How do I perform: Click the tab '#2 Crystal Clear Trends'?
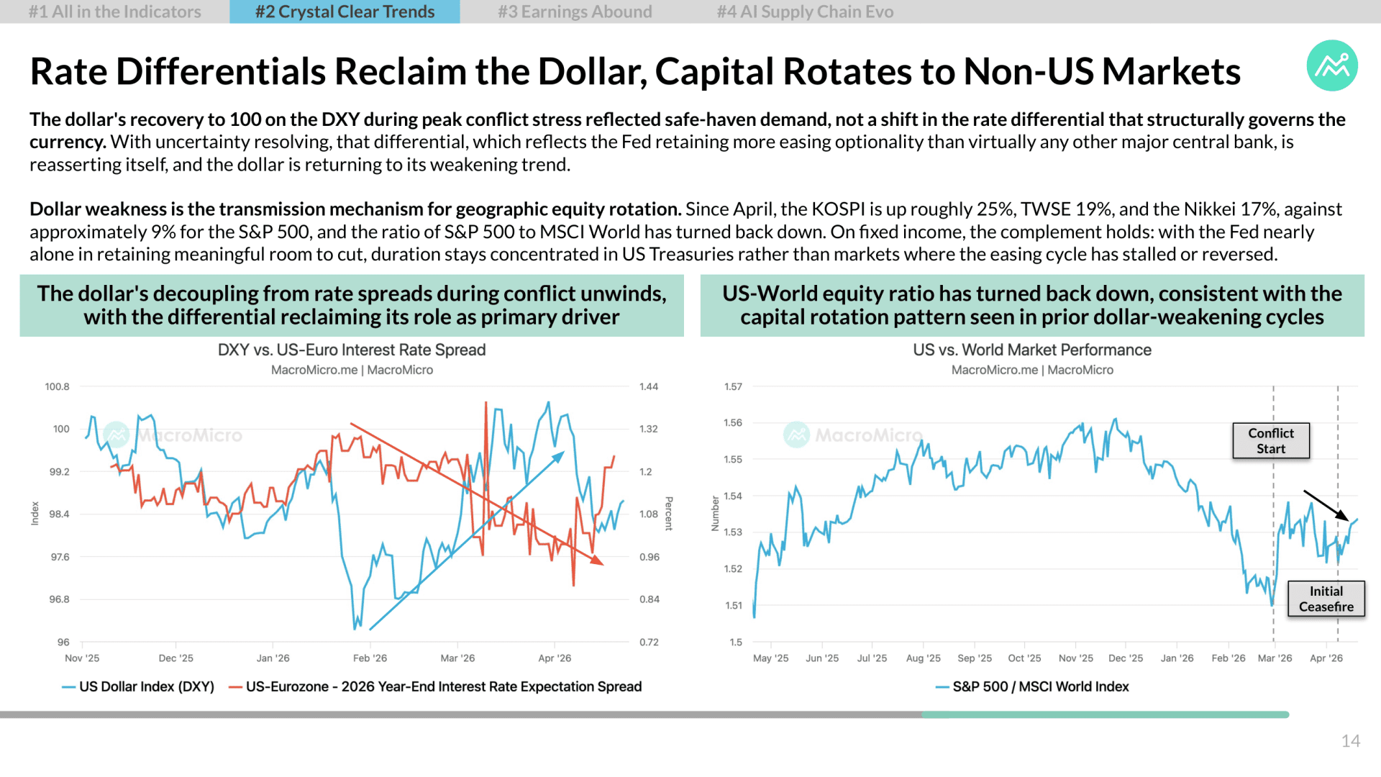[x=345, y=12]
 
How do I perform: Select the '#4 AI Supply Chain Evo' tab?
[x=805, y=12]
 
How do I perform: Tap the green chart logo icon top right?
[x=1332, y=65]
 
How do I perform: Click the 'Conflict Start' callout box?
[x=1271, y=440]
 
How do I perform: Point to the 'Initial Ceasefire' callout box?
[x=1326, y=599]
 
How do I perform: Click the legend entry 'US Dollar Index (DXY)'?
[x=138, y=686]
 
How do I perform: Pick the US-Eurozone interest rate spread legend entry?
[x=435, y=686]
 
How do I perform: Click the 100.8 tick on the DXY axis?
[x=58, y=386]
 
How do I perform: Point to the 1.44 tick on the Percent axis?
[x=649, y=386]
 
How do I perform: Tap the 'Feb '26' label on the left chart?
[x=370, y=658]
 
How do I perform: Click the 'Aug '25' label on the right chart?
[x=924, y=658]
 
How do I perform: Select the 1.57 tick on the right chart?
[x=733, y=386]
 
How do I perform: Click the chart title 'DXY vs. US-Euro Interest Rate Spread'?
[x=352, y=350]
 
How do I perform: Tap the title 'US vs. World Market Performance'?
[x=1032, y=350]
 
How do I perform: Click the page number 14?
[x=1350, y=741]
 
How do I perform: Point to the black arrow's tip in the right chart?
[x=1348, y=519]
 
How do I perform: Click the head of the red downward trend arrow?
[x=602, y=564]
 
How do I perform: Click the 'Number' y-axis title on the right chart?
[x=715, y=514]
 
